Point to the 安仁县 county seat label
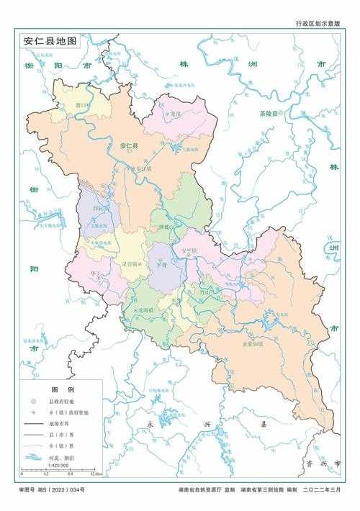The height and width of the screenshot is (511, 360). coord(130,146)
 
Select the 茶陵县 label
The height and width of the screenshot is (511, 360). coord(273,114)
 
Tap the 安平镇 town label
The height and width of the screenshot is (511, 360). coord(189,250)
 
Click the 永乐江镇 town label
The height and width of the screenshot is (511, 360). coord(143,169)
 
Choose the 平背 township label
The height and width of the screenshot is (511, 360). coord(162,264)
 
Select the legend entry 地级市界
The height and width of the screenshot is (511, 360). coord(59,424)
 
